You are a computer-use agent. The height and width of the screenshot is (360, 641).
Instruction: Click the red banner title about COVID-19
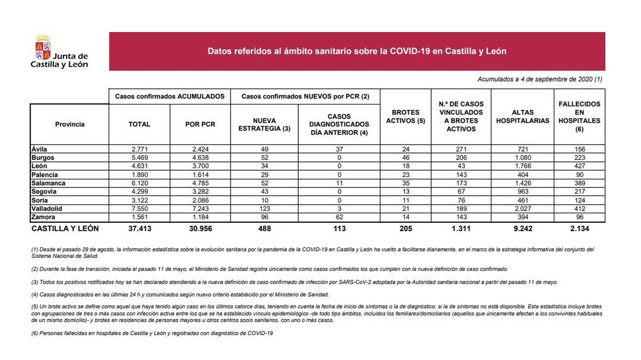click(357, 51)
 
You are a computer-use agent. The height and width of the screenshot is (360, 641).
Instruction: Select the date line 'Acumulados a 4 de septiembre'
click(539, 79)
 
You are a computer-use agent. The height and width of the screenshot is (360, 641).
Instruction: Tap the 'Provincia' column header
click(70, 124)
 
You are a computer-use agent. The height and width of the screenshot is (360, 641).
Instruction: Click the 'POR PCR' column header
click(200, 124)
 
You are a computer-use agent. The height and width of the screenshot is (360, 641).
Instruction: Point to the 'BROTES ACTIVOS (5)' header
click(405, 117)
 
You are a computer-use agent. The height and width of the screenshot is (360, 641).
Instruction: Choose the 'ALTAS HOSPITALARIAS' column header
click(522, 117)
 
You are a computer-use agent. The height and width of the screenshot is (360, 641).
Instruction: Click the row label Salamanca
click(48, 183)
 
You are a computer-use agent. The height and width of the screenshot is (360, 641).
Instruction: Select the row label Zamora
click(43, 217)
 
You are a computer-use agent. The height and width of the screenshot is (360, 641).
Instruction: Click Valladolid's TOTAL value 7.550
click(139, 209)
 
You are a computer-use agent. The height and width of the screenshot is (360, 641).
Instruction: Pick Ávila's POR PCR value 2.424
click(200, 149)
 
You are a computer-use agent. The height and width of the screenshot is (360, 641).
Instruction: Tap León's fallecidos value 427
click(579, 166)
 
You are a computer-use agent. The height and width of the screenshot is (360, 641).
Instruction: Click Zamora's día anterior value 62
click(339, 217)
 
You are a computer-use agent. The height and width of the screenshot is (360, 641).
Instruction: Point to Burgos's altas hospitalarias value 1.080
click(522, 158)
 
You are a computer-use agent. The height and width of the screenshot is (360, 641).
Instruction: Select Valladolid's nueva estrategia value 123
click(264, 209)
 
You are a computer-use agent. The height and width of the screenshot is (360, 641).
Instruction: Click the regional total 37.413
click(139, 229)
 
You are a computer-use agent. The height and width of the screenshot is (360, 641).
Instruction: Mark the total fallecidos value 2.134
click(579, 229)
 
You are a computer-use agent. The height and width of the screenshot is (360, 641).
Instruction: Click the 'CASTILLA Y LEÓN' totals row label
click(65, 229)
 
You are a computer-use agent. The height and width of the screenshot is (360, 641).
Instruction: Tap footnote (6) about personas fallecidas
click(152, 333)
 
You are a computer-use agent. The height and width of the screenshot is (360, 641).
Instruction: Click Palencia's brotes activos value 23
click(405, 175)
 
